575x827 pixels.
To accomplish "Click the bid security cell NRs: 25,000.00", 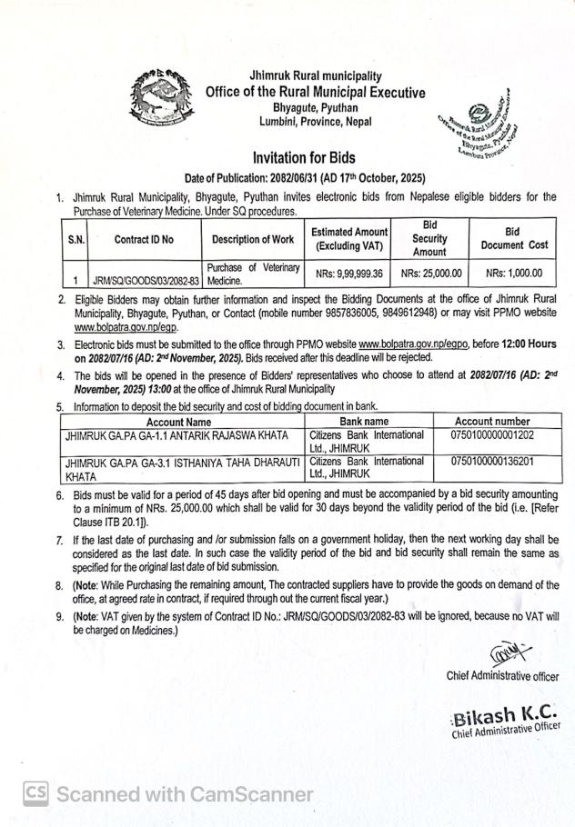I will pos(430,273).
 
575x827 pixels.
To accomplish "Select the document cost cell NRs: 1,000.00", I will pos(514,273).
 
